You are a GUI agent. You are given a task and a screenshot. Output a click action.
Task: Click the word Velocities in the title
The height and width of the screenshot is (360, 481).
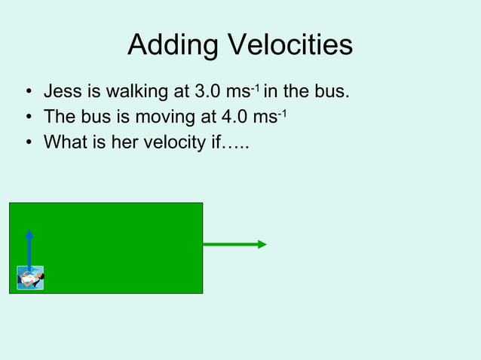pyautogui.click(x=286, y=45)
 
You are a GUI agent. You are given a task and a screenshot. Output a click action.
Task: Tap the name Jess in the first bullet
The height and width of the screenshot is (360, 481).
pyautogui.click(x=62, y=93)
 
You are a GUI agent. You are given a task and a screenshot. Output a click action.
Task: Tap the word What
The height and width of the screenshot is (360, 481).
pyautogui.click(x=66, y=142)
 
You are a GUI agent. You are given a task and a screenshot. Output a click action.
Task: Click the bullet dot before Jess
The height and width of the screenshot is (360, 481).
pyautogui.click(x=28, y=94)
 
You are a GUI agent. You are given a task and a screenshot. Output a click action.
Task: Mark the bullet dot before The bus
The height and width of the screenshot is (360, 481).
pyautogui.click(x=28, y=118)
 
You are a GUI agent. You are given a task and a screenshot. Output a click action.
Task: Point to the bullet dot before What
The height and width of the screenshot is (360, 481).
pyautogui.click(x=28, y=142)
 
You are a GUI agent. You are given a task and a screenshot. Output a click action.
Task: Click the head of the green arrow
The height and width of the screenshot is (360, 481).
pyautogui.click(x=262, y=244)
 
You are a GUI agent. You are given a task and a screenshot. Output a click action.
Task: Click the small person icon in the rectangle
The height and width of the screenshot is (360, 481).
pyautogui.click(x=30, y=278)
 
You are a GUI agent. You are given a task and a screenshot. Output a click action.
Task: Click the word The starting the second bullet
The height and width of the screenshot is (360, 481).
pyautogui.click(x=60, y=117)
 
